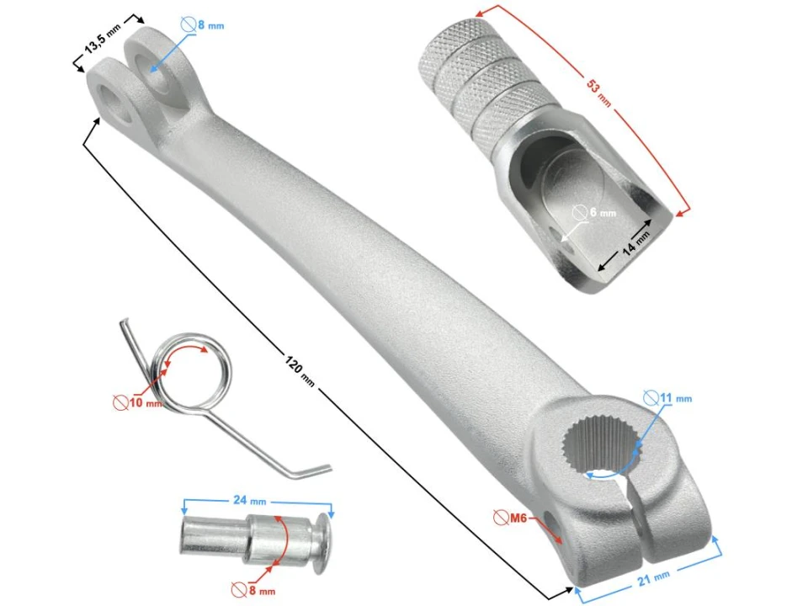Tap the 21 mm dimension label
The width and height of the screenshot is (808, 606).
pos(651,576)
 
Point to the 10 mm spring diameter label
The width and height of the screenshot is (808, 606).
pos(142,401)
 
